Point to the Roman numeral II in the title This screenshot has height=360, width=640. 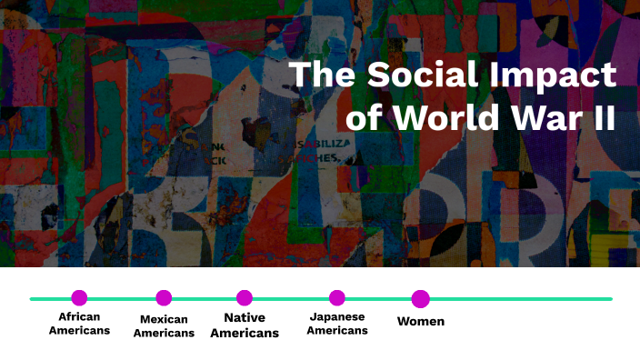coord(602,119)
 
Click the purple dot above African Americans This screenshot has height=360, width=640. coord(79,297)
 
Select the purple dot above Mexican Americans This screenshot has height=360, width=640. coord(164,297)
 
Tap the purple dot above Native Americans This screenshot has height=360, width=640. coord(244,297)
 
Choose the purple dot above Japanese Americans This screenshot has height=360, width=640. coord(337,297)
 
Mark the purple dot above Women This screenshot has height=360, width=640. coord(420,298)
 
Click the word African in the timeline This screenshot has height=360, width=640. coord(79,316)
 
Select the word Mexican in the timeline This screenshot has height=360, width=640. coord(164,319)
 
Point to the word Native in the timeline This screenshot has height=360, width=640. coord(245,317)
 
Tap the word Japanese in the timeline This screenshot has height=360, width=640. coord(337,316)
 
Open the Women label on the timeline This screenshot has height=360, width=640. coord(421,321)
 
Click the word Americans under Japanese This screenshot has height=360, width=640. coord(337,330)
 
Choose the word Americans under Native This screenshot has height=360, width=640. coord(245,333)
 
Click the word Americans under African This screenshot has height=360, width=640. coord(79,330)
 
